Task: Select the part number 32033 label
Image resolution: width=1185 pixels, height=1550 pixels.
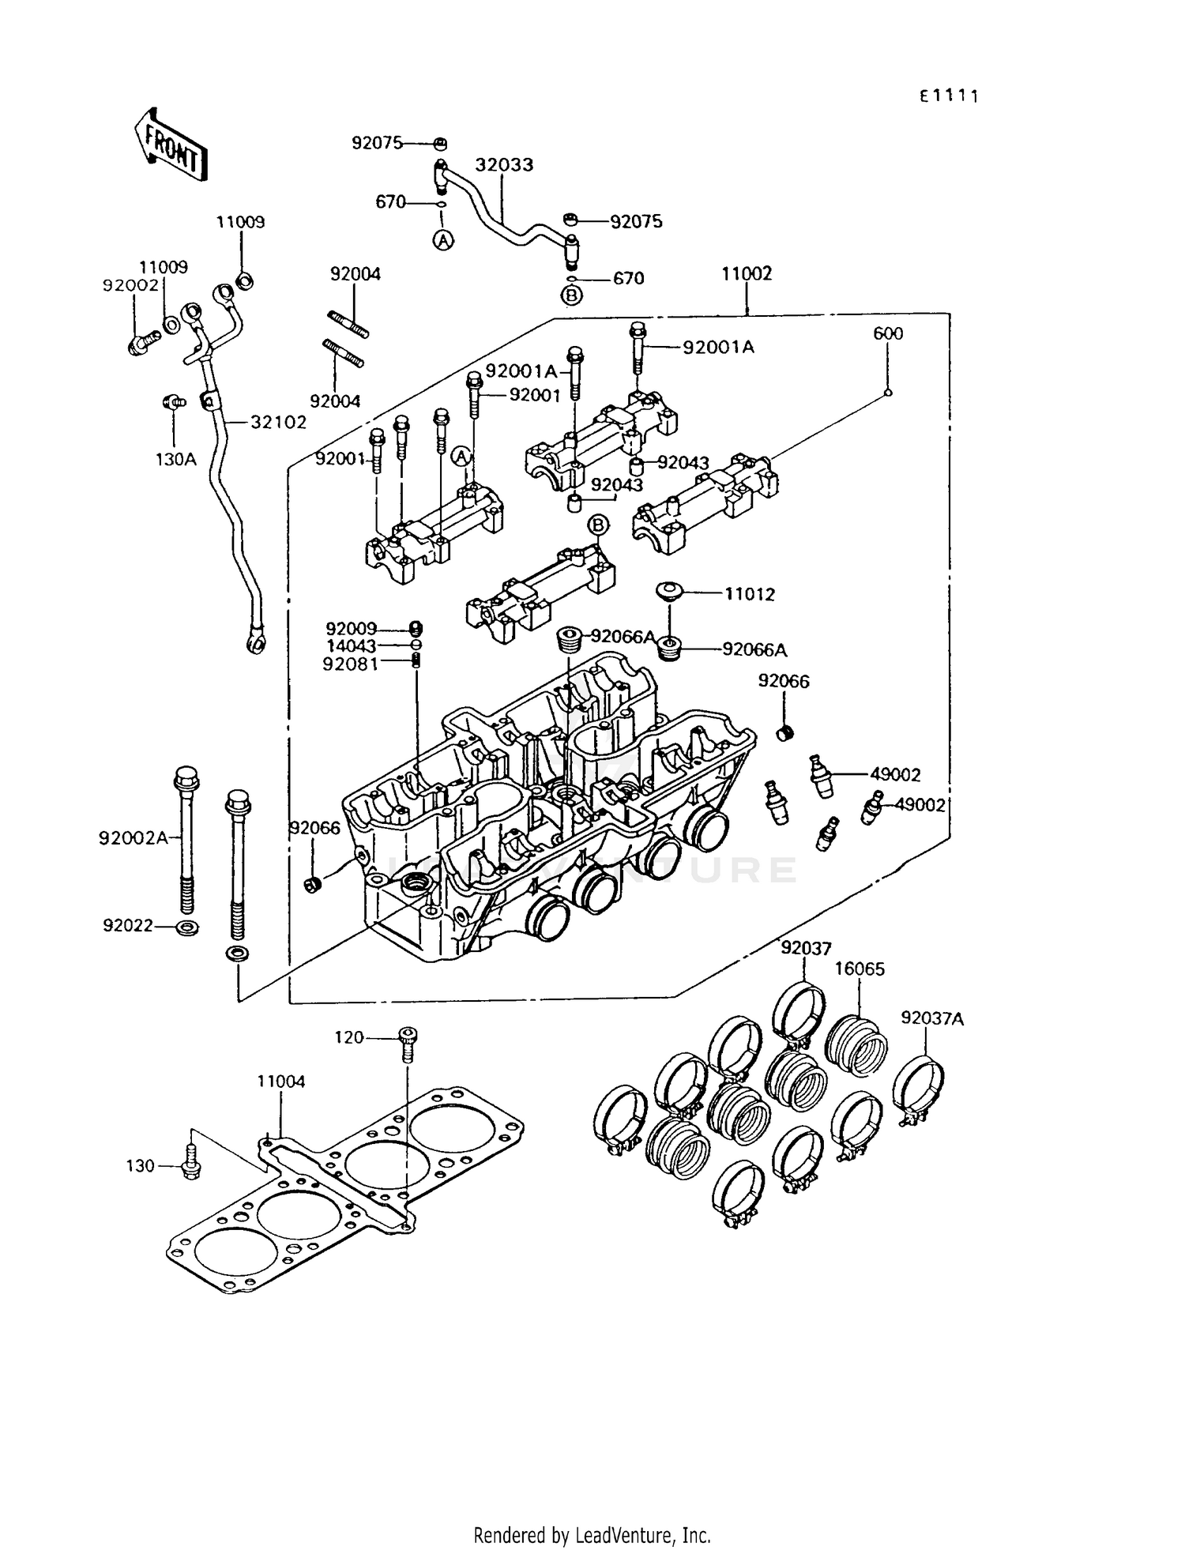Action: coord(504,165)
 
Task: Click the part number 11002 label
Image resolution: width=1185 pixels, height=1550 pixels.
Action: coord(746,274)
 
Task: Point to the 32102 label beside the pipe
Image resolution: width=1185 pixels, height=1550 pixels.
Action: coord(278,423)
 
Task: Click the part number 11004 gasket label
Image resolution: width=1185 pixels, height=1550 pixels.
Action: coord(280,1082)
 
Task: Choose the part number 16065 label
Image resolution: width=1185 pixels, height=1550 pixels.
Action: coord(860,969)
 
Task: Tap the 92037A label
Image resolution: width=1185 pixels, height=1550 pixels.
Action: coord(932,1019)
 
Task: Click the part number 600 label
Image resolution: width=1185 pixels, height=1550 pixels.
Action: coord(887,334)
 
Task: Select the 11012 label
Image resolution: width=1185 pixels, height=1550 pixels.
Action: coord(750,594)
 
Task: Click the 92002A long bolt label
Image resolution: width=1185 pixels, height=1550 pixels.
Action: coord(134,837)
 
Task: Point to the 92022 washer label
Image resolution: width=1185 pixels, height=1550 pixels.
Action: coord(127,925)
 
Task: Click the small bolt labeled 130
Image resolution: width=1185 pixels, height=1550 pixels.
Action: coord(190,1165)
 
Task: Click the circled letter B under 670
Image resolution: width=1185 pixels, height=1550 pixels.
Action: coord(571,295)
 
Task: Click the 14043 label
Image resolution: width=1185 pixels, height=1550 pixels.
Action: coord(352,646)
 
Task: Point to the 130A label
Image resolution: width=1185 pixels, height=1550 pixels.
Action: coord(175,459)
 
